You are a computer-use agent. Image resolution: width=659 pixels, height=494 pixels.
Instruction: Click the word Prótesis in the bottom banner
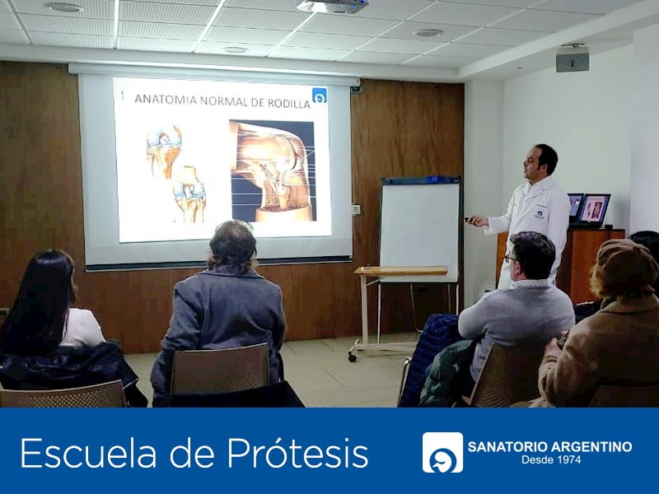click(297, 454)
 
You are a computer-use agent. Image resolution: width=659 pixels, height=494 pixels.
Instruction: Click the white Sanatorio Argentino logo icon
click(442, 452)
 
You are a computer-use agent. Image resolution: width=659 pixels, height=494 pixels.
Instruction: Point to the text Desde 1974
click(551, 459)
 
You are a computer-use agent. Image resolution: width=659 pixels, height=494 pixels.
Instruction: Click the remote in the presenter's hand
click(470, 218)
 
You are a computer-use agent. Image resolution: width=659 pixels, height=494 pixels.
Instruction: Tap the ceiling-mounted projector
click(332, 6)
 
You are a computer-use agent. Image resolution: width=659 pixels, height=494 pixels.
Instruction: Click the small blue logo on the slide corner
click(320, 95)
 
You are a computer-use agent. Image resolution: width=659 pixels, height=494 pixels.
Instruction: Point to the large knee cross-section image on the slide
click(273, 170)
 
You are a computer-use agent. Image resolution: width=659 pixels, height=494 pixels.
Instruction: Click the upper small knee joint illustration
click(163, 150)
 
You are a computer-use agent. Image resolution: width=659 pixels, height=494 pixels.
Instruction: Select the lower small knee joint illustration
click(189, 193)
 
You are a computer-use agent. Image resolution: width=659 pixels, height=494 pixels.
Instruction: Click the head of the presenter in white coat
click(540, 161)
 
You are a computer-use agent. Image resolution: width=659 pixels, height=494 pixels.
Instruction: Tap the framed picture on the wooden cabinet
click(593, 208)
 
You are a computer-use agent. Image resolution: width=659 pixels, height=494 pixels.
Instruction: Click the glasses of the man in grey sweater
click(508, 258)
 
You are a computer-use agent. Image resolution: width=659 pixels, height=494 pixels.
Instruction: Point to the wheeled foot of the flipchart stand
click(352, 357)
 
